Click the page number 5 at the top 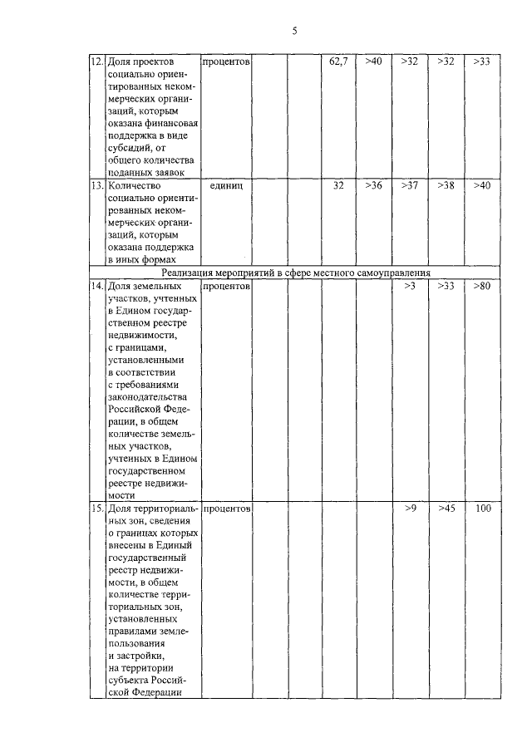point(294,32)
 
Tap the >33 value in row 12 point(481,61)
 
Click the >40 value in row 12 point(373,61)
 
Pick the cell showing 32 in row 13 point(338,185)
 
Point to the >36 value point(373,185)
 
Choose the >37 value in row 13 point(409,185)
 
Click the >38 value point(446,185)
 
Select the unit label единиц point(226,185)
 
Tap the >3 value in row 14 point(409,287)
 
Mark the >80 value point(481,287)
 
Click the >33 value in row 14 point(446,287)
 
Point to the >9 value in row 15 point(409,507)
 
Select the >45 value point(446,507)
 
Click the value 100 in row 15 point(482,507)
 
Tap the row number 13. point(96,185)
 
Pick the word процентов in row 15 point(226,507)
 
